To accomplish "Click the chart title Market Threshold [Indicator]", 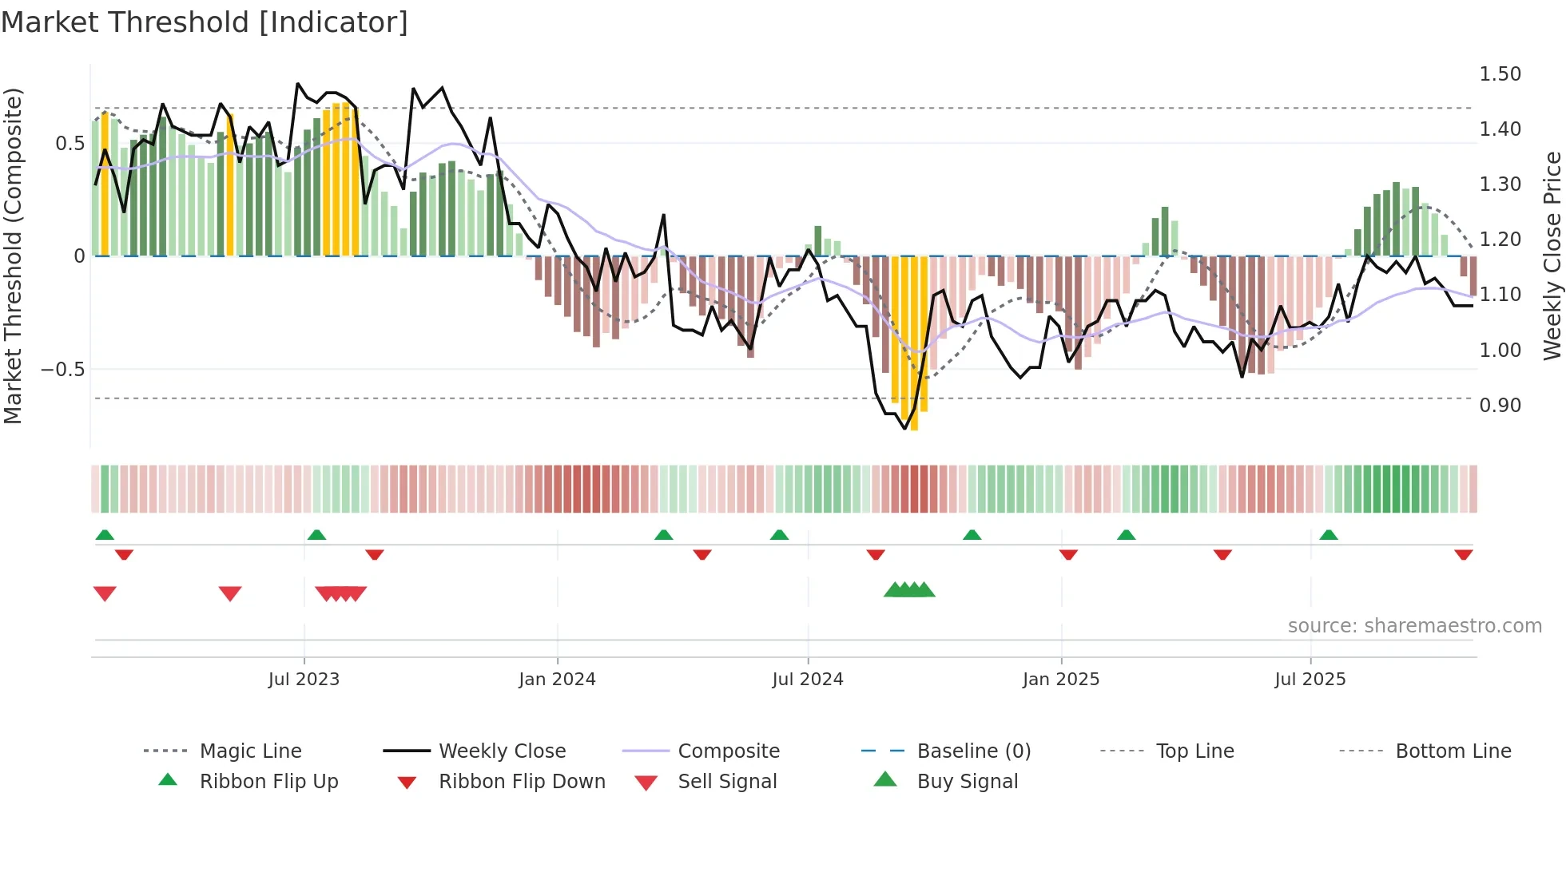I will pos(205,22).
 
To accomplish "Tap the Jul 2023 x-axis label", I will pos(304,680).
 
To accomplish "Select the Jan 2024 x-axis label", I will pos(557,680).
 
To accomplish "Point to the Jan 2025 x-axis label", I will pos(1061,680).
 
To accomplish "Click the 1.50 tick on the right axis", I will pos(1500,74).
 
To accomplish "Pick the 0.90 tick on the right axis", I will pos(1500,406).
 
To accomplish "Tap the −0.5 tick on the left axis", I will pos(62,370).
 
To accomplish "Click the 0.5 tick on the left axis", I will pos(70,144).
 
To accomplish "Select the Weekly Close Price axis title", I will pos(1552,256).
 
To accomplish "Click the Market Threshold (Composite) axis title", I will pos(13,256).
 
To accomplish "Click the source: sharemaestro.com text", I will pos(1414,626).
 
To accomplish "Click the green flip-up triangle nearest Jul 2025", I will pos(1329,535).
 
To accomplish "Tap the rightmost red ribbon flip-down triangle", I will pos(1464,555).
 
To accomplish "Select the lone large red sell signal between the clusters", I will pos(230,594).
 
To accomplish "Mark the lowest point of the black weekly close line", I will pos(905,429).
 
